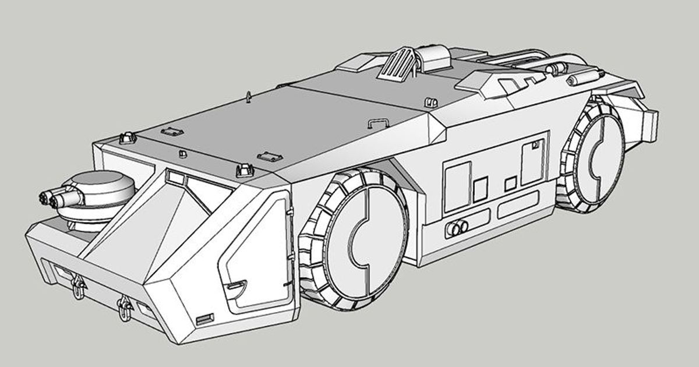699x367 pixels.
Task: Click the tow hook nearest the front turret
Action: pyautogui.click(x=77, y=285)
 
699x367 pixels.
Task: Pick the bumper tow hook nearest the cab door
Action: pyautogui.click(x=123, y=306)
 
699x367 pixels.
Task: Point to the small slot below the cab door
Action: pyautogui.click(x=205, y=319)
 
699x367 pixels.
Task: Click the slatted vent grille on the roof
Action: pyautogui.click(x=398, y=63)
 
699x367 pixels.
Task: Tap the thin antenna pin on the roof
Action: pyautogui.click(x=249, y=96)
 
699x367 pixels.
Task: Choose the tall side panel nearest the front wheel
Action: pyautogui.click(x=457, y=186)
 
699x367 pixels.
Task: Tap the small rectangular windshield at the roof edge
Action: pyautogui.click(x=175, y=175)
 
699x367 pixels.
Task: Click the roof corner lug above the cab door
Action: pyautogui.click(x=243, y=170)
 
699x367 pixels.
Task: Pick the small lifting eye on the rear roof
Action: pyautogui.click(x=432, y=103)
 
